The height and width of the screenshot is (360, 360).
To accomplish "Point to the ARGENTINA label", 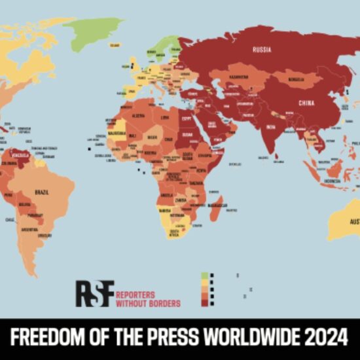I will click(28, 230).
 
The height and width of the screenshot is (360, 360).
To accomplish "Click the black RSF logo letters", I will click(94, 293).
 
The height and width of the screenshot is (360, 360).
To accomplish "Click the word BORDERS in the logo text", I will click(162, 303).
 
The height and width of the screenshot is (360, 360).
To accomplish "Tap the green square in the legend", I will click(205, 276).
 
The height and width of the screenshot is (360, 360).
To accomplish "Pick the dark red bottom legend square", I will click(205, 302).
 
